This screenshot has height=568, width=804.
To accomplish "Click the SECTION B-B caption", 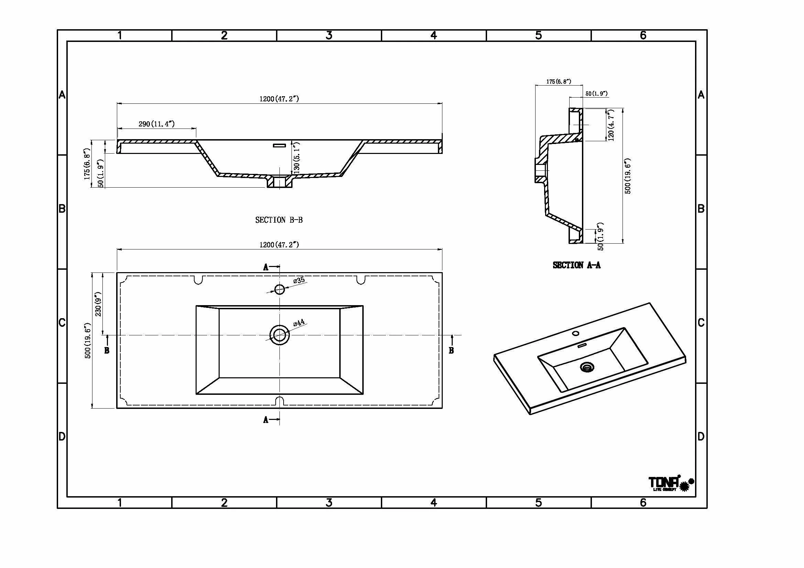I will coord(279,220).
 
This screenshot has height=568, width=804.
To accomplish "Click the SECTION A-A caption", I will coord(576,265).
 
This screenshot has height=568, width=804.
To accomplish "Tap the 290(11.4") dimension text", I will coord(156,124).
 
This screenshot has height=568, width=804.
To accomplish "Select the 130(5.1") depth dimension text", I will coord(297,157).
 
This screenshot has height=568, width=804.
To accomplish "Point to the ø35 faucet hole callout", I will coord(299,280).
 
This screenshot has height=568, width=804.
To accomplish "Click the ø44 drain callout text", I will coord(299,323).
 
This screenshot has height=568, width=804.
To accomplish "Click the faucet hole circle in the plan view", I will coord(279,289).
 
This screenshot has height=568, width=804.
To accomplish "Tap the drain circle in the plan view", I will coord(279,335).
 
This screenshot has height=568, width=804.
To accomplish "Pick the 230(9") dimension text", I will coord(98,304).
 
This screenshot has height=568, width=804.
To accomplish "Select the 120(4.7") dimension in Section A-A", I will coord(611,125).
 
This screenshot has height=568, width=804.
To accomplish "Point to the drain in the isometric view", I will coord(586,367).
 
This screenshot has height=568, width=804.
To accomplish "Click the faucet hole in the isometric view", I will coord(575,333).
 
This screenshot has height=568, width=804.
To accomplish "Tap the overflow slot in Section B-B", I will coord(279,145).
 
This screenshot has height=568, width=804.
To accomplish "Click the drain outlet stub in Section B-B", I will coord(279,182).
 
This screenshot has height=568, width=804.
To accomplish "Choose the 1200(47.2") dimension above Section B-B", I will coord(279,99).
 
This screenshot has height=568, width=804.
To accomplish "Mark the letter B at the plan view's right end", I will coord(451,350).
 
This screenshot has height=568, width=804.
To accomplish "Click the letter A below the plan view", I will coord(266,420).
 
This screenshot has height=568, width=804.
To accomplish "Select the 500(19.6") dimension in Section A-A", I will coord(628,176).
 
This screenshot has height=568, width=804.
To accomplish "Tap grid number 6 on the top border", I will coord(643,35).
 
